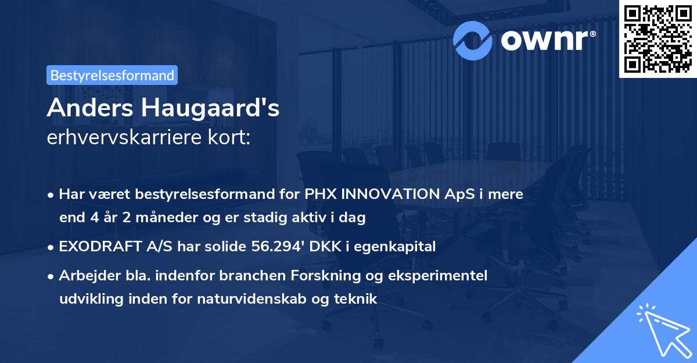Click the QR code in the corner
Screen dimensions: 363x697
pyautogui.click(x=658, y=38)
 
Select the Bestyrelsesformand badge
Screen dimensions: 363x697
pyautogui.click(x=112, y=75)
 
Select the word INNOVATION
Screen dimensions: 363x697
pyautogui.click(x=387, y=194)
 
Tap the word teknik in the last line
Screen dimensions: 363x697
pyautogui.click(x=358, y=300)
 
